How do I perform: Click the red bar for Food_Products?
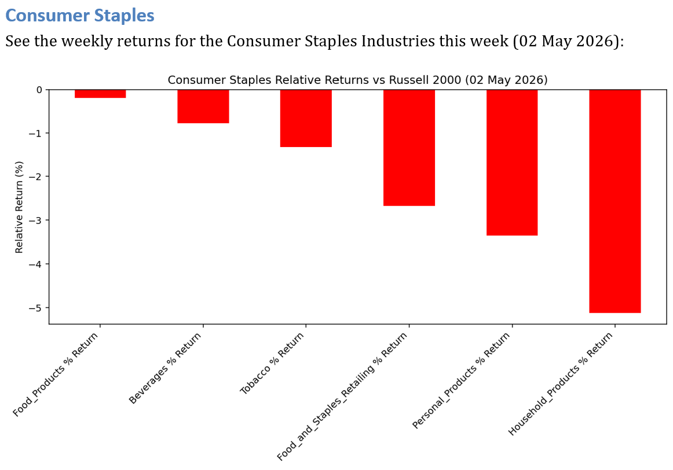[x=100, y=94]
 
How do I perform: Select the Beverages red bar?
[x=203, y=107]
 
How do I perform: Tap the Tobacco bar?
[x=306, y=118]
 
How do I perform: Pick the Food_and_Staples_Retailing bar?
[x=409, y=148]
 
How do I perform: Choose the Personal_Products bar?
[x=512, y=163]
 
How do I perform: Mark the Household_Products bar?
[x=615, y=201]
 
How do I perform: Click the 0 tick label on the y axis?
[x=39, y=90]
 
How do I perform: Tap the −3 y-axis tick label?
[x=36, y=221]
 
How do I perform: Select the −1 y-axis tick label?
[x=36, y=133]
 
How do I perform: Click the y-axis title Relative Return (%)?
[x=19, y=207]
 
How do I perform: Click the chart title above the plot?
[x=357, y=80]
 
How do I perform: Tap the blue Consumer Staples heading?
[x=80, y=16]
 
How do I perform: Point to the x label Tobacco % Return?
[x=272, y=363]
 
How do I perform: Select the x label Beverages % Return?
[x=165, y=368]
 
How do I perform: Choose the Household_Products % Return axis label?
[x=561, y=384]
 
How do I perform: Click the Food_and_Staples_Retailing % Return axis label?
[x=342, y=396]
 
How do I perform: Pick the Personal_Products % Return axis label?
[x=461, y=381]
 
